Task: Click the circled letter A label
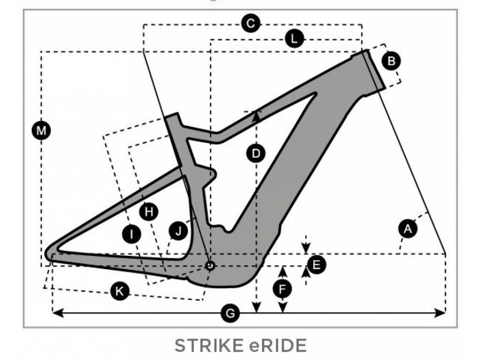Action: [407, 229]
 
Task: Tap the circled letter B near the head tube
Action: [391, 60]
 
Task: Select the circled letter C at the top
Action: [251, 23]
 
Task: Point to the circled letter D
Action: [256, 153]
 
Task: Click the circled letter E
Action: [316, 265]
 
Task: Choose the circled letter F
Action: [282, 290]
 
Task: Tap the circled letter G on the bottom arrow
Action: [230, 313]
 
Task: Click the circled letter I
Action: [132, 233]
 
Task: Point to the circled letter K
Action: [120, 292]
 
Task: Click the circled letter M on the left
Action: [42, 130]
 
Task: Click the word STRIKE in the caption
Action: [207, 345]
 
